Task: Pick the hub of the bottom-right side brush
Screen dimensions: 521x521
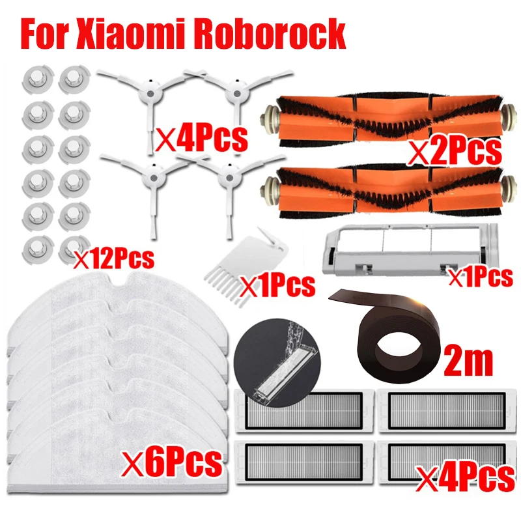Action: tap(227, 176)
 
